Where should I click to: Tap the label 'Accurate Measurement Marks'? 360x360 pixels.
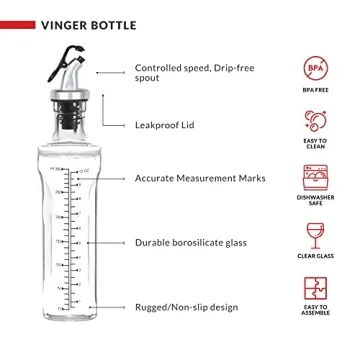click(195, 178)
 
